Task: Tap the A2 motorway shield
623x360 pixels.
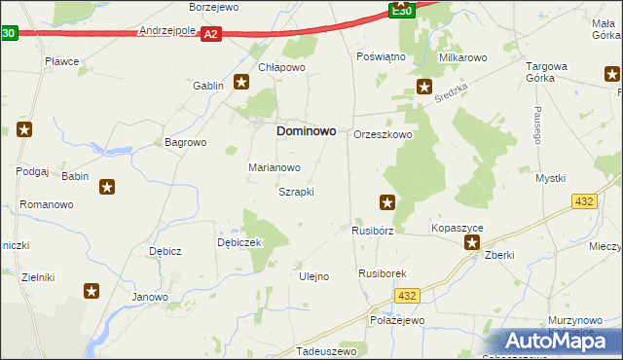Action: [x=212, y=33]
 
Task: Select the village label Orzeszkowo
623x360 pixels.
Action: [x=383, y=134]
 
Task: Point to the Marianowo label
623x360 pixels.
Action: [x=274, y=167]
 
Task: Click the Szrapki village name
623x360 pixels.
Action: [x=296, y=192]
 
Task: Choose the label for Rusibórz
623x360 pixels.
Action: [x=372, y=232]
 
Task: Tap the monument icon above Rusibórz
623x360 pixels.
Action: [x=387, y=202]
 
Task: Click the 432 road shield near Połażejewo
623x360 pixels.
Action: [x=409, y=295]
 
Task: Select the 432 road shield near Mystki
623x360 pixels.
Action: [x=585, y=200]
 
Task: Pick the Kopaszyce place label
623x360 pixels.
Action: [x=458, y=228]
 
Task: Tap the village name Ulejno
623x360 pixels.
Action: [x=312, y=276]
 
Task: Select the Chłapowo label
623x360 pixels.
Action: [x=282, y=67]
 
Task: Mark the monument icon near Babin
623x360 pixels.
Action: [x=107, y=187]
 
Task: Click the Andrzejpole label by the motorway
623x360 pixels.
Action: [x=168, y=30]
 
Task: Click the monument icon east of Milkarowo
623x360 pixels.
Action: [x=424, y=87]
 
